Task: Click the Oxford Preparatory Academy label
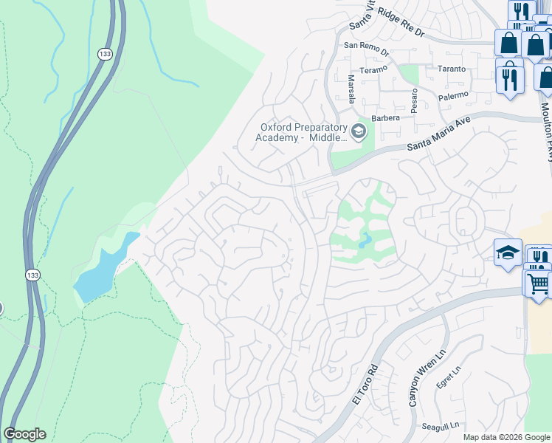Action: tap(301, 132)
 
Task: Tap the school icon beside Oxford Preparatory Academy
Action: tap(359, 132)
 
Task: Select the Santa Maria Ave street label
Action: tap(438, 137)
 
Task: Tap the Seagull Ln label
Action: tap(441, 425)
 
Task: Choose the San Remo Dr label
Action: tap(366, 45)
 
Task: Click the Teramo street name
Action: tap(373, 70)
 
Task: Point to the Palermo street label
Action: tap(451, 95)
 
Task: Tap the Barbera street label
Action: tap(385, 117)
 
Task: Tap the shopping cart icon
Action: tap(538, 282)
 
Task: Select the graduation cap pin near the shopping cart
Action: tap(508, 253)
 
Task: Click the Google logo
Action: tap(24, 434)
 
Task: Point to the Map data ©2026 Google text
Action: tap(506, 437)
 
